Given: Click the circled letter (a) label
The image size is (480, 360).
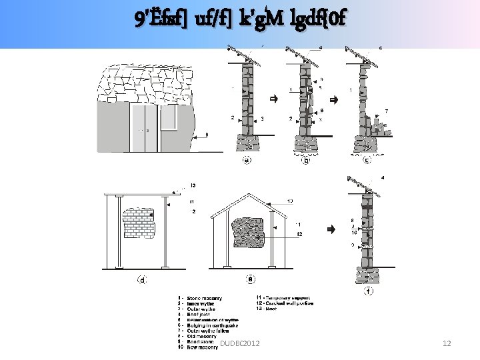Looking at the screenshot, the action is coord(247,159).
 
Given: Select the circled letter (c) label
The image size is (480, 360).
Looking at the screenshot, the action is coord(367,160).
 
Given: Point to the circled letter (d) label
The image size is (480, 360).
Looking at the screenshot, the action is coord(142,280).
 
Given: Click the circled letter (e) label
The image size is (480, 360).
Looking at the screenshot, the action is coord(251,280).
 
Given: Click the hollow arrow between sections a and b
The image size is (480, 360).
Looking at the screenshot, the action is coord(273,99).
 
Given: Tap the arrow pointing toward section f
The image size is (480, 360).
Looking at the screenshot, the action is coord(330,229).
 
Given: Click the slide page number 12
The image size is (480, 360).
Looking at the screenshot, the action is coord(447,343).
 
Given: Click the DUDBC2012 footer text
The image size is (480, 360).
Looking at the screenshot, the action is coord(240,343).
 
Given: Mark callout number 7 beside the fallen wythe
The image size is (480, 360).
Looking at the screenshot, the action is coord(387,110).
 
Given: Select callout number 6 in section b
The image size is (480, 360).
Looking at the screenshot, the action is coord(322,110).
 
